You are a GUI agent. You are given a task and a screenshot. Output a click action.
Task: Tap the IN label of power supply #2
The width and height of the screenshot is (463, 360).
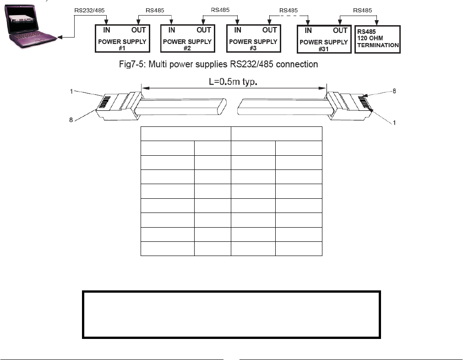(172, 30)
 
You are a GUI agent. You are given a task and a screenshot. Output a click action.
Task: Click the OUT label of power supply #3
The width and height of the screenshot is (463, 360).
(269, 30)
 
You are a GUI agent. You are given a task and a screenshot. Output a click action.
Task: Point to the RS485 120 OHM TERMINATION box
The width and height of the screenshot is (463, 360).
(377, 39)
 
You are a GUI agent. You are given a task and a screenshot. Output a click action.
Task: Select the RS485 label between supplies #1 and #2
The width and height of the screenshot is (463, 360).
(155, 10)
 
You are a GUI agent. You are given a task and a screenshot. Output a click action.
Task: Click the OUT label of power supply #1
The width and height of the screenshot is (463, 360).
(138, 30)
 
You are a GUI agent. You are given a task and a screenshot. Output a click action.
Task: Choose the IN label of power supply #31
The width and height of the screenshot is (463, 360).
(308, 31)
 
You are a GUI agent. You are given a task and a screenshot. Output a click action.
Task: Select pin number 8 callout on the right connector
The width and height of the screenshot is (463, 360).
(393, 91)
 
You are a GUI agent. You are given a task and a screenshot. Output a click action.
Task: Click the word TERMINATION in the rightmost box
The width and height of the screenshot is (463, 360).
(378, 45)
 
